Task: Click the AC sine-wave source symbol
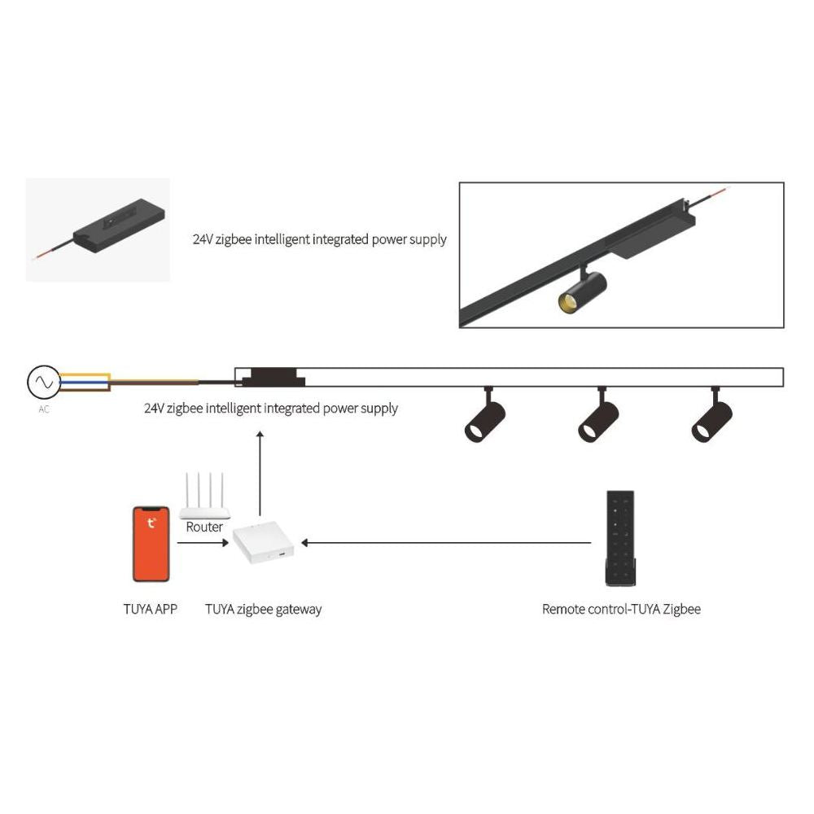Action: [44, 383]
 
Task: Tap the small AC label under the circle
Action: [44, 409]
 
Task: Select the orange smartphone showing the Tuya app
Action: [151, 544]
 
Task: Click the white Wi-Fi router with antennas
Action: [204, 497]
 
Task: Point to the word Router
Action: [204, 527]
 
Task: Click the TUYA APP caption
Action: [150, 609]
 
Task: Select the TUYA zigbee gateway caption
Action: [263, 610]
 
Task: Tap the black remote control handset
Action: [620, 538]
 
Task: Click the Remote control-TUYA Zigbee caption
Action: [621, 609]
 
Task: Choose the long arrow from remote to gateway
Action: [446, 543]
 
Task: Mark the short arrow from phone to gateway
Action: [203, 543]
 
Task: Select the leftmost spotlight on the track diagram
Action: [485, 415]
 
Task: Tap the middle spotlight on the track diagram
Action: [598, 415]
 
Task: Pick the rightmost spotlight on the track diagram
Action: [712, 415]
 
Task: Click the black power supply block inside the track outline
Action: [273, 378]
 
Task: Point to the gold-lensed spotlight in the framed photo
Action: [582, 290]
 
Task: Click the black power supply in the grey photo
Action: [120, 229]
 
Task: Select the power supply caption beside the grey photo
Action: [320, 240]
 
